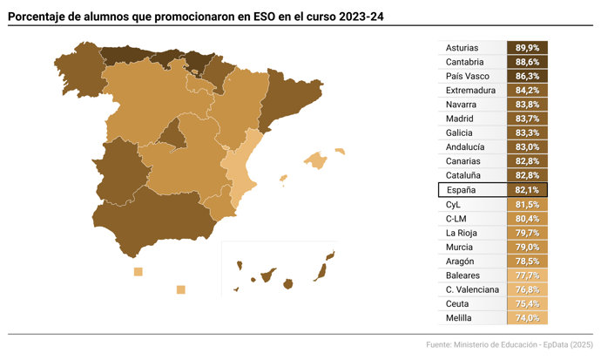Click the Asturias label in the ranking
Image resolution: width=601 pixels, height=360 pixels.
click(x=461, y=48)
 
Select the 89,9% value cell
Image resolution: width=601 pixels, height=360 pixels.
click(x=527, y=48)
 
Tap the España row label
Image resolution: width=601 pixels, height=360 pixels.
click(x=463, y=189)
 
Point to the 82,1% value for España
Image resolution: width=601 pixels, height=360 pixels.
click(x=527, y=189)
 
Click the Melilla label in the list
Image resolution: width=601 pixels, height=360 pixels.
click(x=459, y=317)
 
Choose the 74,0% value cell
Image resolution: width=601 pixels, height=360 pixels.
click(x=527, y=317)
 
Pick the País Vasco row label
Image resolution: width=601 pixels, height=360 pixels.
click(x=466, y=76)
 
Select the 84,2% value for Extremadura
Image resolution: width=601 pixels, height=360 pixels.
click(x=527, y=90)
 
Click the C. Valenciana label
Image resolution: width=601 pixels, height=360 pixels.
click(x=472, y=289)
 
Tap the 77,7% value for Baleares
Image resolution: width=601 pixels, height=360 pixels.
click(x=527, y=275)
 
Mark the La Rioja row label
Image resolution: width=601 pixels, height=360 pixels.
click(x=462, y=232)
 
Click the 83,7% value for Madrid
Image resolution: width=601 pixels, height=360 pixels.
click(x=527, y=119)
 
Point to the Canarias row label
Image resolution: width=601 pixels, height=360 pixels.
click(x=463, y=161)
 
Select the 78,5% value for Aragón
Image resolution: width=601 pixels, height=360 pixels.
click(x=527, y=261)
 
